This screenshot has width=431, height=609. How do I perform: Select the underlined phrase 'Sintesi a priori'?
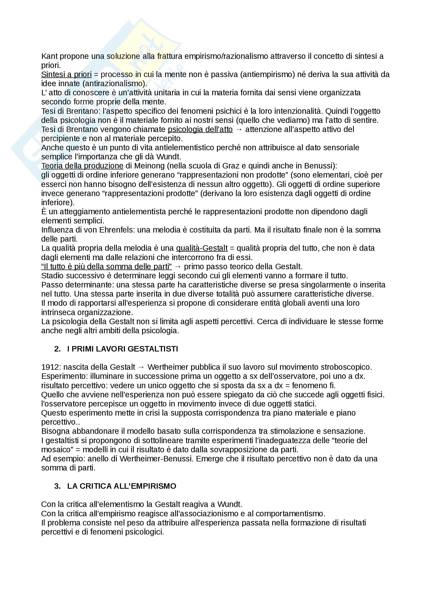(x=66, y=74)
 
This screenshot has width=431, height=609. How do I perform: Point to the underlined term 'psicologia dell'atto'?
(x=200, y=129)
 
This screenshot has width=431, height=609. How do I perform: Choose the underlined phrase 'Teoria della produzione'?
(x=82, y=166)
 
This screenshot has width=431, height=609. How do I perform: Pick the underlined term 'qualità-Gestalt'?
(x=202, y=248)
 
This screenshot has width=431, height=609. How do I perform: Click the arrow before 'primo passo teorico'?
(x=178, y=266)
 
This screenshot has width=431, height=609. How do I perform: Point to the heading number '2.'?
(x=57, y=349)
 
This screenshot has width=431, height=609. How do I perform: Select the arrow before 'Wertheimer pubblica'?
(x=141, y=367)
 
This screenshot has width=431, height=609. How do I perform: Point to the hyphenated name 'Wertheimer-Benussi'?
(x=156, y=459)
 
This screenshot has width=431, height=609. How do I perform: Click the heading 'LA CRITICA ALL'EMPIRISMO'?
(x=122, y=486)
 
